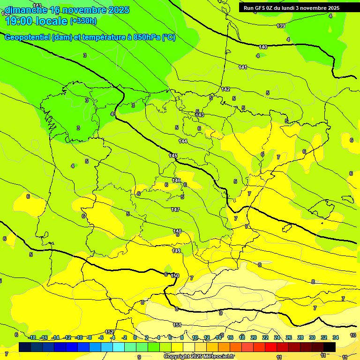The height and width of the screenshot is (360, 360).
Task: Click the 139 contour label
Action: [281, 26]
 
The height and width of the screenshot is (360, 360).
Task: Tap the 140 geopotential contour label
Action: [263, 47]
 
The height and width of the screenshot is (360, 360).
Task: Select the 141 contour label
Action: [242, 67]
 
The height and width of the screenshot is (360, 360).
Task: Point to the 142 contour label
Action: [225, 89]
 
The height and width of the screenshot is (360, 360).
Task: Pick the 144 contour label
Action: [183, 141]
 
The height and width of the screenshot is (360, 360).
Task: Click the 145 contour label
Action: [173, 156]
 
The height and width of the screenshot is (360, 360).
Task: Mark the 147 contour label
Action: [175, 210]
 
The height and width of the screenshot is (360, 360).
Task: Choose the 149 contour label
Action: [176, 251]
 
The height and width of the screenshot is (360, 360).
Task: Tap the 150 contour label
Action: [175, 276]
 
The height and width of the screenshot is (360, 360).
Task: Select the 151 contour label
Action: [177, 325]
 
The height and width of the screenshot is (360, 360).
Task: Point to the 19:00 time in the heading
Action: [21, 21]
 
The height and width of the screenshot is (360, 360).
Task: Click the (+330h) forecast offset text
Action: [83, 21]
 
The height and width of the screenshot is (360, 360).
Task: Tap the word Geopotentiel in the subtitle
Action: [27, 37]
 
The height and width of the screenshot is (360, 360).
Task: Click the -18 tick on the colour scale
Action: [32, 337]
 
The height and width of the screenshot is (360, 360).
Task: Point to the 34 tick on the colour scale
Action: [336, 337]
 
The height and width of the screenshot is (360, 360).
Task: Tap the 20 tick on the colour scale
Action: [254, 337]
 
